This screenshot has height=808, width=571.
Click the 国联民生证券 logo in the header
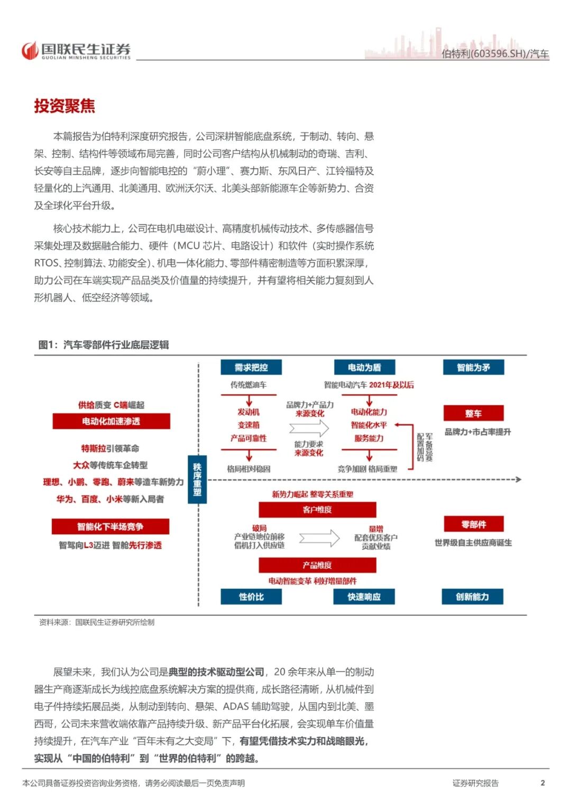(76, 50)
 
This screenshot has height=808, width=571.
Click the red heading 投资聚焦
(65, 106)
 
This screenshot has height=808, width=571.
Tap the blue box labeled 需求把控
(251, 367)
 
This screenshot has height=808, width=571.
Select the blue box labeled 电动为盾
(364, 367)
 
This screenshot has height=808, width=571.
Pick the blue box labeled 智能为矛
(473, 367)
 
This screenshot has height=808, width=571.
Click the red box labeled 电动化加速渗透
(111, 421)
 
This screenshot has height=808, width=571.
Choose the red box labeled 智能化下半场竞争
(110, 526)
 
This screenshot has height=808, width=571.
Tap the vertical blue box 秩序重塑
(197, 479)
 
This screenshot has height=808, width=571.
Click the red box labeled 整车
(473, 413)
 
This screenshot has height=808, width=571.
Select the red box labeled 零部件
(473, 524)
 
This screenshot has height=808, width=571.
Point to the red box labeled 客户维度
(317, 510)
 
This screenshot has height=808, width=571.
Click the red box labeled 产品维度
(317, 565)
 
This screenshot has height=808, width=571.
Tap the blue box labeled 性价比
(251, 597)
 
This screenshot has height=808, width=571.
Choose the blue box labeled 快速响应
(364, 597)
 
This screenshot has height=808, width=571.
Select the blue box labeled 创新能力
(472, 597)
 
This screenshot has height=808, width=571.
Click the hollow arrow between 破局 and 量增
(319, 538)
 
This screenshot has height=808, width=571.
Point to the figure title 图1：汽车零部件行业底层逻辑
(104, 345)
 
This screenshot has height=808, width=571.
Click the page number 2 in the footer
(542, 783)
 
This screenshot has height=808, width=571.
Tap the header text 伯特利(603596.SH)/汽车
(495, 54)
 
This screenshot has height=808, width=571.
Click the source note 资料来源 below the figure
(97, 622)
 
